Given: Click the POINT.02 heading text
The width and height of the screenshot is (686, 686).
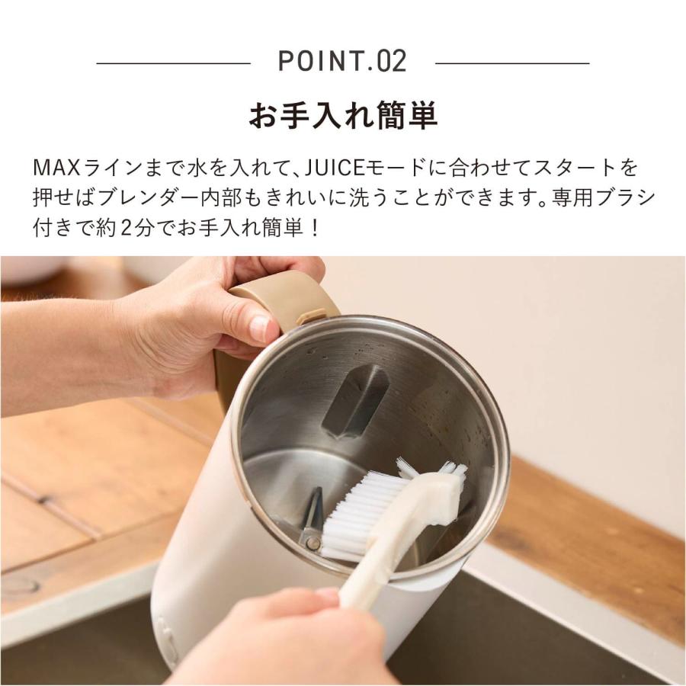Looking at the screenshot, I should coord(342,61).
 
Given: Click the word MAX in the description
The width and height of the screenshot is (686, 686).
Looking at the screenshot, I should coord(53,167).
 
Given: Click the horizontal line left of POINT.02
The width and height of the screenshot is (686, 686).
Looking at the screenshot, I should coord(173,63).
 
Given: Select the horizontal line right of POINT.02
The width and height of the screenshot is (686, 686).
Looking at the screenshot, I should coord(511,63).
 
